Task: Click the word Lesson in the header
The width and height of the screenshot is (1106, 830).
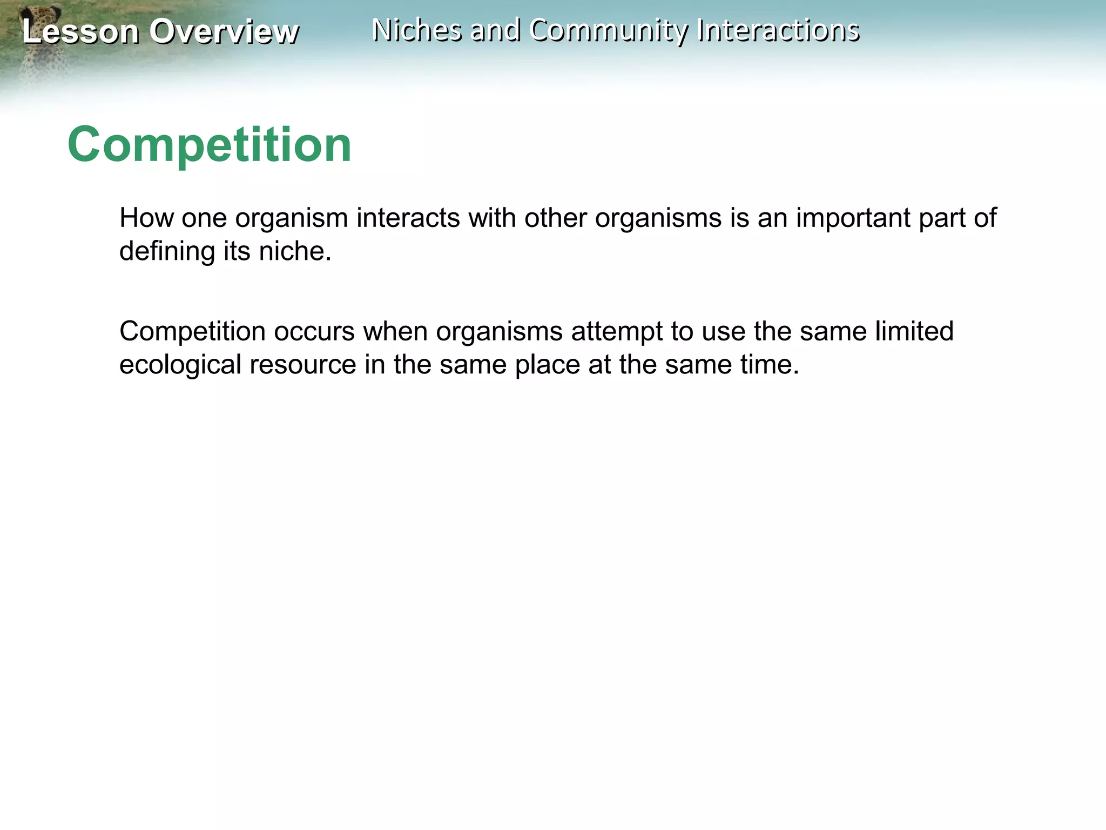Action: pos(80,31)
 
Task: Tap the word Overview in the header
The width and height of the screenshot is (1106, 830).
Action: pos(224,31)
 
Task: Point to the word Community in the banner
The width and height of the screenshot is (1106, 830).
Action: pos(608,30)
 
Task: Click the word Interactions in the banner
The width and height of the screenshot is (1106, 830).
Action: pos(778,30)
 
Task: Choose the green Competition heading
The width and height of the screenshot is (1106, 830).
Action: pos(210,145)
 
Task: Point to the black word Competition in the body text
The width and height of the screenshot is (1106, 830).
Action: pos(192,331)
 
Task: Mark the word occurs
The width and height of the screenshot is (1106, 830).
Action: pos(314,331)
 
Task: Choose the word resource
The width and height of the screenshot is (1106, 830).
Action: pos(302,365)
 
